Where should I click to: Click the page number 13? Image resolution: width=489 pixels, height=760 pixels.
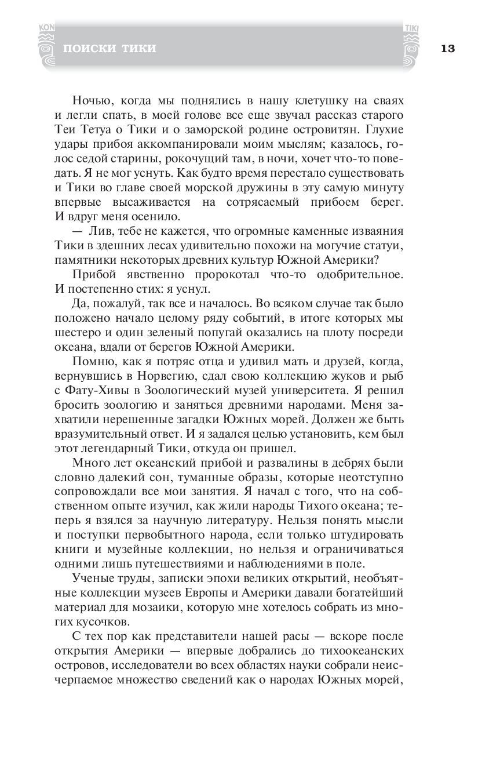pos(447,48)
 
